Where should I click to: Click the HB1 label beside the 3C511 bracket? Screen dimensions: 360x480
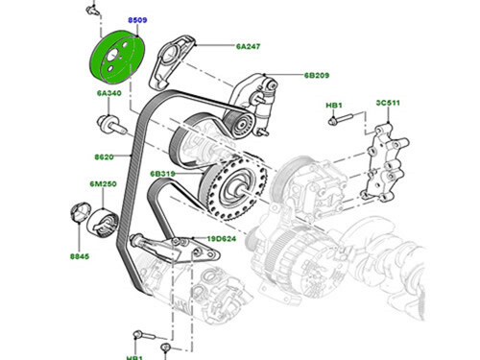[335, 104]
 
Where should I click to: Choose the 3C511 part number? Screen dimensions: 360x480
[387, 104]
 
